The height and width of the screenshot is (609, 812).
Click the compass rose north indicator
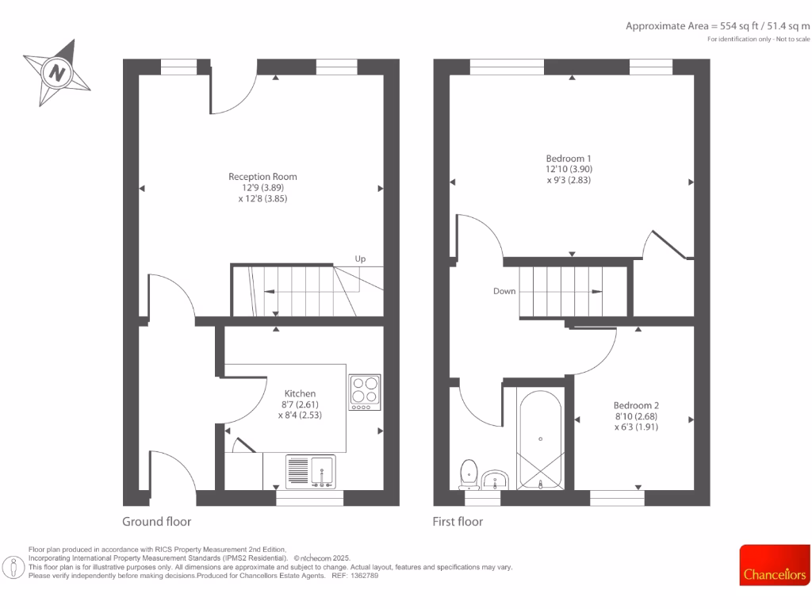click(56, 73)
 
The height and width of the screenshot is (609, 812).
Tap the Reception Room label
click(262, 177)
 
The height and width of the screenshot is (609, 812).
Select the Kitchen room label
click(300, 393)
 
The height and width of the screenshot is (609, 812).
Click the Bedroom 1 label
click(569, 157)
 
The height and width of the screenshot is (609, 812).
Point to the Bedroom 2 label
click(636, 404)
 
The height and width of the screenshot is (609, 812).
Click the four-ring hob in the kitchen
click(365, 392)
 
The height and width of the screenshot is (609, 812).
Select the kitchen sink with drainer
click(310, 471)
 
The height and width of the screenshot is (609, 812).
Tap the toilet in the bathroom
click(469, 474)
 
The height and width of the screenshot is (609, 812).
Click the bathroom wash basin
click(496, 479)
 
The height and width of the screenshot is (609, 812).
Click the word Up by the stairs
click(360, 259)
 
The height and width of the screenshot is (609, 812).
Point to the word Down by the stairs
click(504, 291)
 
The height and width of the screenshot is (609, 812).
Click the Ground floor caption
click(156, 522)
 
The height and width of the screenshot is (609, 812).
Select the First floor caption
click(458, 522)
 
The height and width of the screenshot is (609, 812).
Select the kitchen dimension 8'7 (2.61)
click(300, 404)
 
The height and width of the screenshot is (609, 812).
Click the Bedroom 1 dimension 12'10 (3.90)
click(569, 169)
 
